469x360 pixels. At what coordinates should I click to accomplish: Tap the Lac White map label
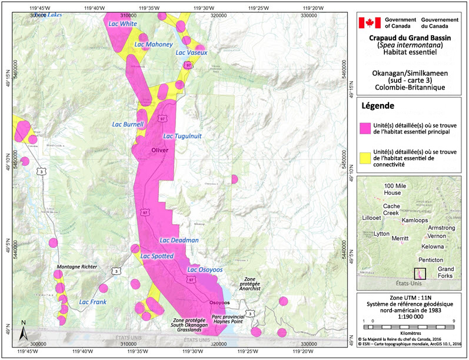[x=123, y=24]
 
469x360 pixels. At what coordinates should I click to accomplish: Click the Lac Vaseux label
[x=192, y=52]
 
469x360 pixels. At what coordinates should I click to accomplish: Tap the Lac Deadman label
[x=179, y=240]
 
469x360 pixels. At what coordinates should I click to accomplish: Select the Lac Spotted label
[x=157, y=256]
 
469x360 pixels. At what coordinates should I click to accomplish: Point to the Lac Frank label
[x=92, y=302]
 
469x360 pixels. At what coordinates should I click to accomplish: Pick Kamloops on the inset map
[x=416, y=219]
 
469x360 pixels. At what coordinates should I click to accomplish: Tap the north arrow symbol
[x=22, y=330]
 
